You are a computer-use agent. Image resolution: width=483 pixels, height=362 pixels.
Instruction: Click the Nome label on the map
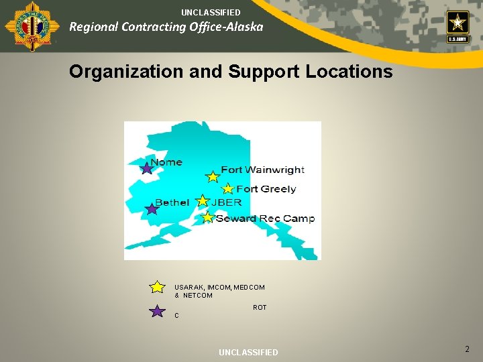(166, 162)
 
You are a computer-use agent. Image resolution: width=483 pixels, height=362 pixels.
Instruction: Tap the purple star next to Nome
(147, 168)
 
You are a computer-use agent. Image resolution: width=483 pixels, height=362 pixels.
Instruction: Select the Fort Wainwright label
(262, 170)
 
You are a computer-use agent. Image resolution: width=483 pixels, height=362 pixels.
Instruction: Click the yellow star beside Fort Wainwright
(213, 177)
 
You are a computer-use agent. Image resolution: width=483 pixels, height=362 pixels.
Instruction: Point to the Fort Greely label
(266, 189)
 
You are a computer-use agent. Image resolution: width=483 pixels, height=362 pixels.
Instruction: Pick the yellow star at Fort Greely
(228, 189)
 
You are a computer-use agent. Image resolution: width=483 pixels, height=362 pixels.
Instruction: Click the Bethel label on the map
(172, 202)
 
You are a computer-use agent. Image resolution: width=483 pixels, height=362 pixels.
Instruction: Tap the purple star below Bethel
(152, 209)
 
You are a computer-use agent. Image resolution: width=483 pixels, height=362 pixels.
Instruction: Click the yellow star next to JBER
(203, 201)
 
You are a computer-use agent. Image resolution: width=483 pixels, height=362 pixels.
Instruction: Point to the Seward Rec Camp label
(265, 219)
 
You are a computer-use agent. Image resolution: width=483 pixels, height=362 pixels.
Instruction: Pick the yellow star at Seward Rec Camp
(207, 217)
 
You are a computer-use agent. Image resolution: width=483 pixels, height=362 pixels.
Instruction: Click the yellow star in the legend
(157, 287)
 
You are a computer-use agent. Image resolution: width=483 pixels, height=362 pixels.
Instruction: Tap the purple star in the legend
(157, 311)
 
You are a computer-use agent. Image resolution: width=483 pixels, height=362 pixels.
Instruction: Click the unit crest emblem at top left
(23, 25)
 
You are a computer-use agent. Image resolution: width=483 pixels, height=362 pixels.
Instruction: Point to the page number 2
(468, 349)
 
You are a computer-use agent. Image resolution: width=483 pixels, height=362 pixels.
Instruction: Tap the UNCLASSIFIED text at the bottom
(248, 353)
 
